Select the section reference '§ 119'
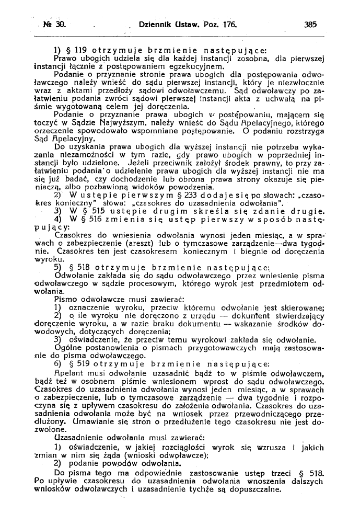pos(76,51)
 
